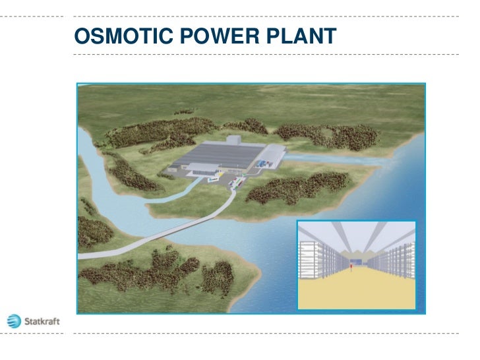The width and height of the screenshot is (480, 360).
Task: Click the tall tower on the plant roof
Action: (235, 142)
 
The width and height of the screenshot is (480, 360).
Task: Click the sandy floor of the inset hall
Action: (356, 290)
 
